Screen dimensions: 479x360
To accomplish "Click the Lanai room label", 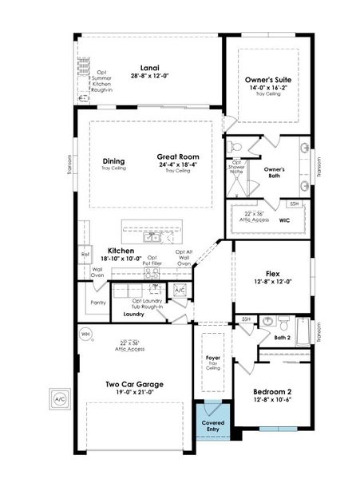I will pos(147,68).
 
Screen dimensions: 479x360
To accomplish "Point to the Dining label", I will pos(113,160).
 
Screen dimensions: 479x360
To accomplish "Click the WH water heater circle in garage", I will pos(86,333).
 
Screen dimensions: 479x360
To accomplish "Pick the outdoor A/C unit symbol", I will pos(58,398).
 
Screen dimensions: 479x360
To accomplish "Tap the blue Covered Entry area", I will pos(212,427).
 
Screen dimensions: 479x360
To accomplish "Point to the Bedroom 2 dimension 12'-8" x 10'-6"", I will pos(271,401).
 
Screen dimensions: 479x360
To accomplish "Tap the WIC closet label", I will pos(284,220).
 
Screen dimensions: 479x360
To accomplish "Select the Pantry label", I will pos(98,303).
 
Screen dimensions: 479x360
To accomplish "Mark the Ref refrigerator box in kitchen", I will pos(85,255).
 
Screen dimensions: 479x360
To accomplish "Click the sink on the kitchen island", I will pos(152,237).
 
